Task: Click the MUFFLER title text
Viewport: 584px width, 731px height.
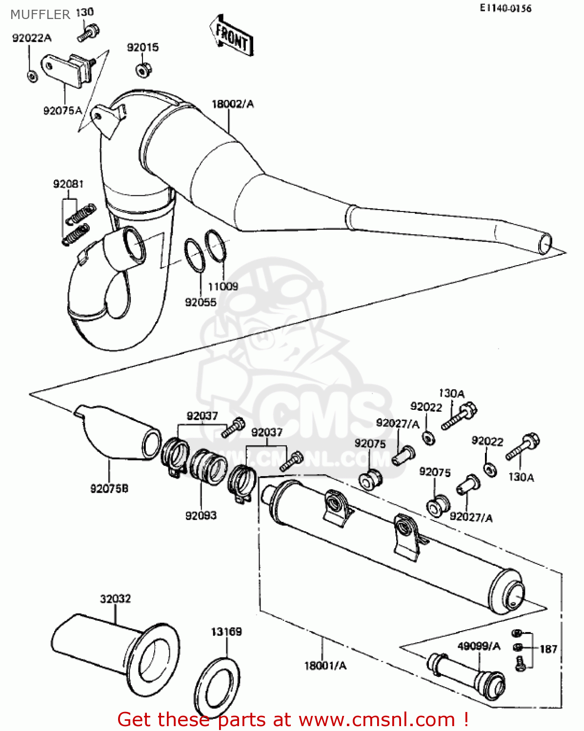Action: pos(40,15)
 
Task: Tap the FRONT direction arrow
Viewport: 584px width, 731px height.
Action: pos(232,37)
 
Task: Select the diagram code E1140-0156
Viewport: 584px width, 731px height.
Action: pos(505,8)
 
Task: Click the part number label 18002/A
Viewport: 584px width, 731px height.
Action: pos(233,104)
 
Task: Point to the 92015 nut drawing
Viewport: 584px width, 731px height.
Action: pos(143,69)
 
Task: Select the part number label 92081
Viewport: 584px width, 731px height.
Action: pos(68,184)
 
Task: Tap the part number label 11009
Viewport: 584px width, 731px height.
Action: pos(223,287)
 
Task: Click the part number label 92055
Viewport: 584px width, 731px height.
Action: pos(200,302)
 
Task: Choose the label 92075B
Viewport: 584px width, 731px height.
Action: pos(109,488)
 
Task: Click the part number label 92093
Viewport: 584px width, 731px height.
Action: pos(201,516)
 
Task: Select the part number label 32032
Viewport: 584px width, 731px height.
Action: pos(116,599)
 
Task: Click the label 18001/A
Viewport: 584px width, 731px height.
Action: pos(325,666)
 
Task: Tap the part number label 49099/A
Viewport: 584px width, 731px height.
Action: pos(479,646)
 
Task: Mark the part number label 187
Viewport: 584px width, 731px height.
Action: pos(548,649)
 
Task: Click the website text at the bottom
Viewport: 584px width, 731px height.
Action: pos(293,719)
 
